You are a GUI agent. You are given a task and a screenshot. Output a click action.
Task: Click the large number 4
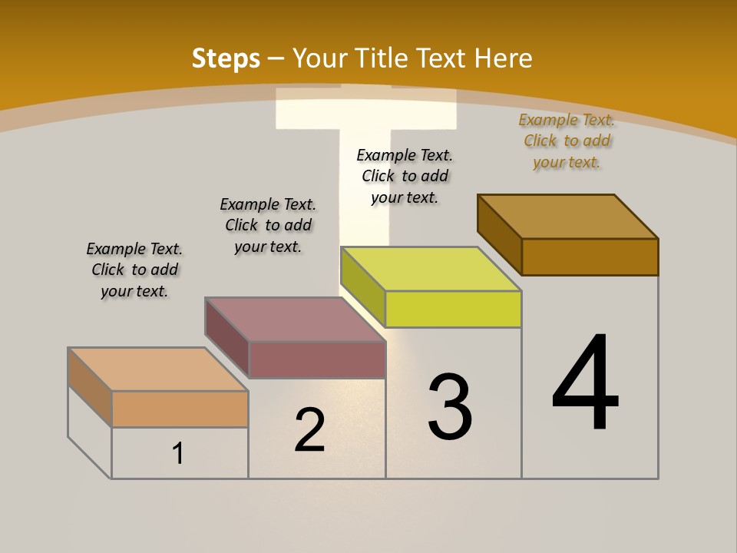(x=585, y=384)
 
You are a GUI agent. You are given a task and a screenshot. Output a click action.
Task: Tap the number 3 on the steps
(x=449, y=407)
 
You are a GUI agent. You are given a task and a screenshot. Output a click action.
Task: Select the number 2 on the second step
(x=309, y=430)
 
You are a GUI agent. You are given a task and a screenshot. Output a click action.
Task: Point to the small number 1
(x=178, y=453)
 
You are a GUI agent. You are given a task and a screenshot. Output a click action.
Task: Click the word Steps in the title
(x=226, y=58)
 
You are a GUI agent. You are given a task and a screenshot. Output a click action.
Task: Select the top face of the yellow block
(x=431, y=269)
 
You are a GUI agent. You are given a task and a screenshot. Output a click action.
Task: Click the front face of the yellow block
(x=453, y=309)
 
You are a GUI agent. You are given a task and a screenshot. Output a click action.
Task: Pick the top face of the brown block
(x=568, y=216)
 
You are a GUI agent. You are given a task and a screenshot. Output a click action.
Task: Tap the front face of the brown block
(x=590, y=257)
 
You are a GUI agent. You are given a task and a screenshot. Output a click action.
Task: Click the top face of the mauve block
(x=295, y=320)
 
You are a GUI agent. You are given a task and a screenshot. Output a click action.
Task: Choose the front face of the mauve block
(x=317, y=359)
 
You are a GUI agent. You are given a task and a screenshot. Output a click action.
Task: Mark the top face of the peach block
(x=158, y=369)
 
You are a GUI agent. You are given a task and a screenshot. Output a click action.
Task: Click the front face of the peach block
(x=180, y=409)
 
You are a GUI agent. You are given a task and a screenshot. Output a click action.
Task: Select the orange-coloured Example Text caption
(x=567, y=141)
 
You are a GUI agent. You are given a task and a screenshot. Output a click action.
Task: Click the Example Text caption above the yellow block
(x=405, y=176)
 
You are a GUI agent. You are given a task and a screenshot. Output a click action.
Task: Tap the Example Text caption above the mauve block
(x=268, y=225)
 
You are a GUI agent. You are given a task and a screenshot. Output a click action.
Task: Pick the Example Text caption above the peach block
(x=134, y=270)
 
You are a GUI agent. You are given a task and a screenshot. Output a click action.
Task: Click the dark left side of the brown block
(x=499, y=234)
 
